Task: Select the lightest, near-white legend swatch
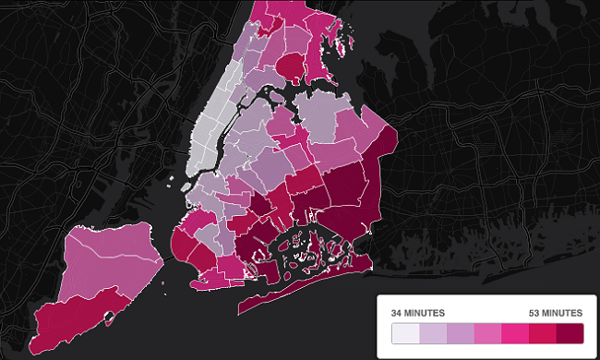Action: click(404, 332)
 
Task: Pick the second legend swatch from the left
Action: click(432, 332)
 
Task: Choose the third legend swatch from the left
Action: click(460, 332)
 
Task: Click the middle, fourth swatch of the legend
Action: click(486, 332)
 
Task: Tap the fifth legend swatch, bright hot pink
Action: click(514, 332)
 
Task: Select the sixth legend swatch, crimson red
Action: click(542, 332)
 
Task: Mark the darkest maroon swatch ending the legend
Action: click(569, 332)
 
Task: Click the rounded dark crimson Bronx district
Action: click(289, 66)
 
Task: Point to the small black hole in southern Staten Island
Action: click(110, 316)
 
